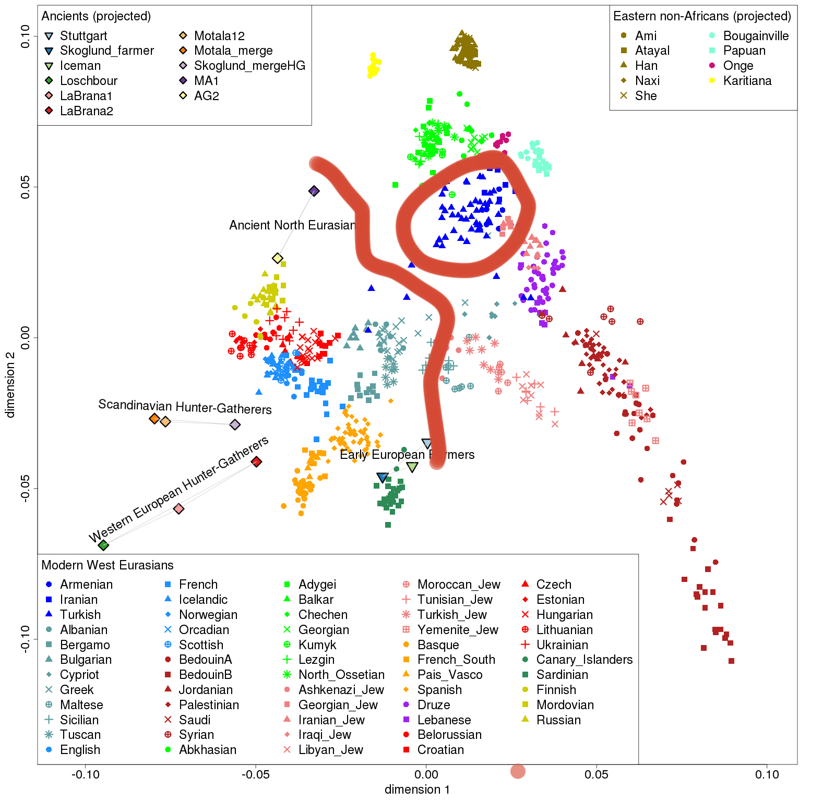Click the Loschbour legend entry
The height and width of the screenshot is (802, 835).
tap(81, 81)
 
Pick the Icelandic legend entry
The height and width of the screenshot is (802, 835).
tap(196, 600)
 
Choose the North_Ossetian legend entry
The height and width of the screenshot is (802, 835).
tap(333, 675)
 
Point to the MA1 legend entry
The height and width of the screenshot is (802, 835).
tap(199, 81)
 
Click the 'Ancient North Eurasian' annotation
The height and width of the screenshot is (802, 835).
tap(292, 225)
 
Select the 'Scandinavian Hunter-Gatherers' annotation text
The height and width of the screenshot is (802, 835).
tap(185, 407)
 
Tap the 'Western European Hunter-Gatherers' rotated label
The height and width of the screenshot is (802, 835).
tap(178, 489)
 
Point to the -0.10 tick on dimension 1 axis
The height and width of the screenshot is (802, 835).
tap(86, 774)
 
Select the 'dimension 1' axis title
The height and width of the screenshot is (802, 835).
tap(417, 789)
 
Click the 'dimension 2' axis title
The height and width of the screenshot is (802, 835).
tap(10, 384)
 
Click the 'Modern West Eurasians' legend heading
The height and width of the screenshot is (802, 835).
tap(108, 565)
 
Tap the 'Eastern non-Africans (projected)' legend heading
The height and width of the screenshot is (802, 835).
tap(702, 16)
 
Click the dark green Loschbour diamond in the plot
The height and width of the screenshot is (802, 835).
tap(103, 545)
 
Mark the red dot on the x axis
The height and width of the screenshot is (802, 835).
tap(518, 772)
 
